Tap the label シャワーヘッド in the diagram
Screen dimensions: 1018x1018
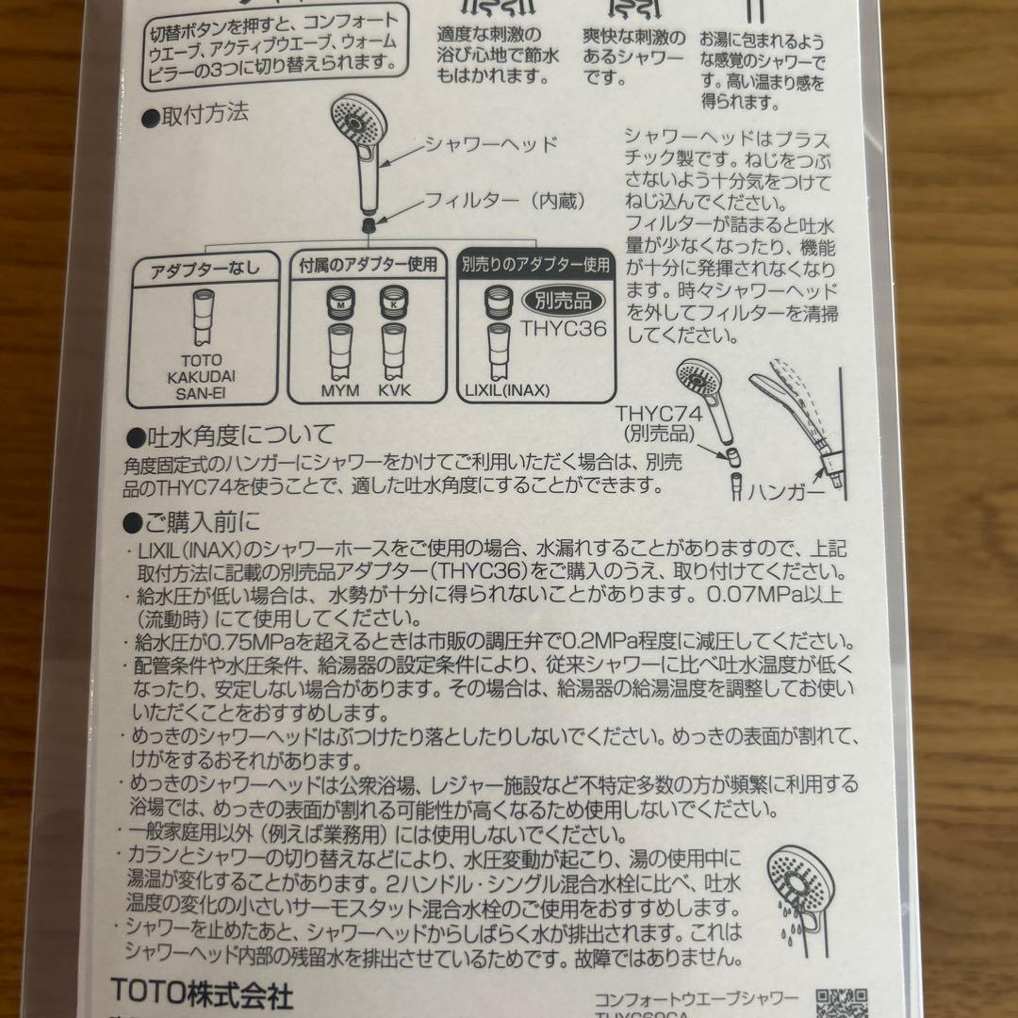(491, 144)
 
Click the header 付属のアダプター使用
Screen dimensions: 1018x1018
(368, 265)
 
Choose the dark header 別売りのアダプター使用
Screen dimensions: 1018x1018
(535, 265)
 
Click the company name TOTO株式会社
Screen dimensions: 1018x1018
(203, 994)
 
